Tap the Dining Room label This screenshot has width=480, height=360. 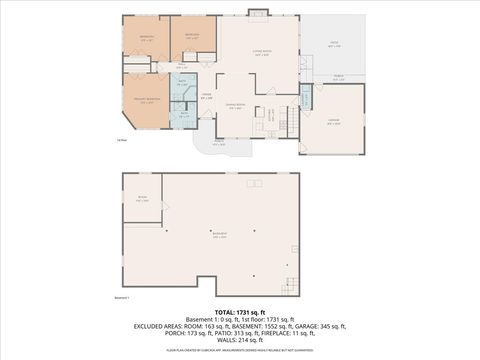[x=236, y=107]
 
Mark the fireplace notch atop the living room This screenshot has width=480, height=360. [x=258, y=13]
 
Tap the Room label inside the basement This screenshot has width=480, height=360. [x=142, y=199]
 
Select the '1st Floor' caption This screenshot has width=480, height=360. [x=121, y=140]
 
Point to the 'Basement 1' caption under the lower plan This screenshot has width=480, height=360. [x=123, y=297]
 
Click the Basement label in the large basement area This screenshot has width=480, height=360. [x=218, y=236]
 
